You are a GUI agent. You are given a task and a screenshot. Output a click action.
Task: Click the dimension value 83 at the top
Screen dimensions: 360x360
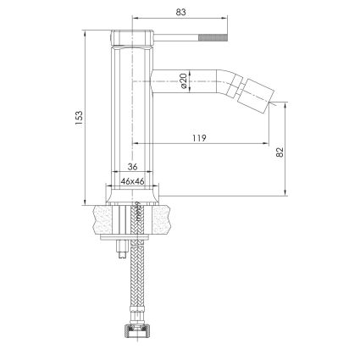point(181,12)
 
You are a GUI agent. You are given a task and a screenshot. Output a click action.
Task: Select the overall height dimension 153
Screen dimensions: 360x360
point(79,118)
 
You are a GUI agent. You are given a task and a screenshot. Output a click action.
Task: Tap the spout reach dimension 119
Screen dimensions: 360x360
point(200,138)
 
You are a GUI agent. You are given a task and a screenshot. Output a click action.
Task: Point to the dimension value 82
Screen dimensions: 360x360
point(280,152)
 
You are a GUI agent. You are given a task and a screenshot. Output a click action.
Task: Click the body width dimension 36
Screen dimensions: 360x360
point(132,167)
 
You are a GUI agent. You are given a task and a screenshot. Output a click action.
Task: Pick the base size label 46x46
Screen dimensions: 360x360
point(132,181)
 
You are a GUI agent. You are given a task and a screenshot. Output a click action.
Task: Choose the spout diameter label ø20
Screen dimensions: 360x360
point(183,80)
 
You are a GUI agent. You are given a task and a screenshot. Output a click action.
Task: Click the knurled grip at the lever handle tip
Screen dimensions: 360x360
point(213,37)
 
